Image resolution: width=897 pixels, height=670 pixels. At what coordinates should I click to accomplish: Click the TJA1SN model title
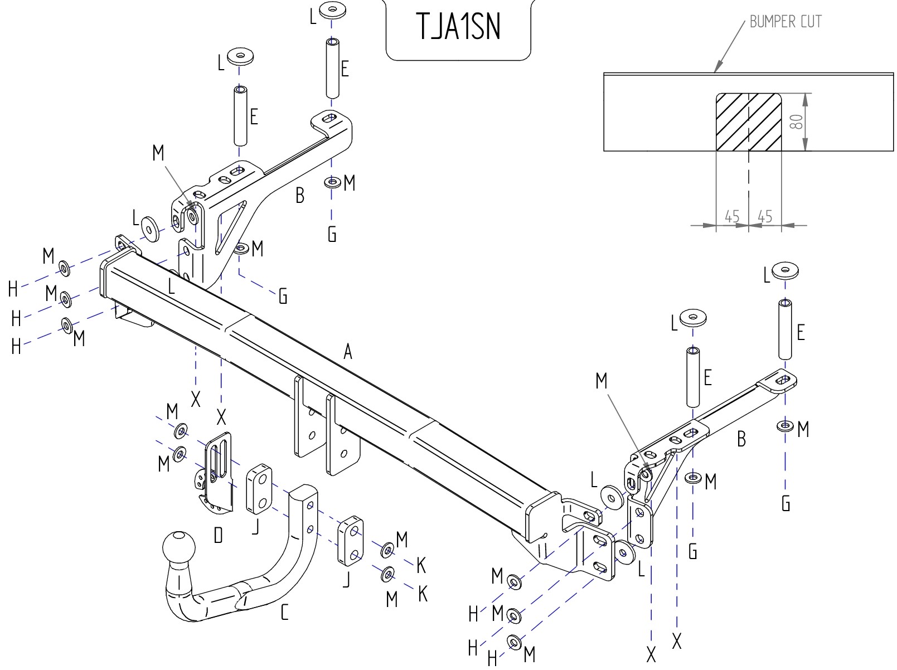click(458, 27)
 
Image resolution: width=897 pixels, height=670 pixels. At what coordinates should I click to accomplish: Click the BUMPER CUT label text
click(786, 22)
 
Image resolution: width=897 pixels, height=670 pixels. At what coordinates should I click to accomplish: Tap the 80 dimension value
click(796, 122)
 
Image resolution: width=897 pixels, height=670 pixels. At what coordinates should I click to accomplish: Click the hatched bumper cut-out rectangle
click(748, 122)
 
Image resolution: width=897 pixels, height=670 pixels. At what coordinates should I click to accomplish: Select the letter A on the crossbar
click(347, 351)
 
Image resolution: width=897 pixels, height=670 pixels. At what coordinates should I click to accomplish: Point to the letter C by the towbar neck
click(285, 612)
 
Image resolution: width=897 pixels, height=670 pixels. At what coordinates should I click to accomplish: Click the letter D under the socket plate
click(218, 535)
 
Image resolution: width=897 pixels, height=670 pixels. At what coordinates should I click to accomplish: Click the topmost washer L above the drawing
click(333, 10)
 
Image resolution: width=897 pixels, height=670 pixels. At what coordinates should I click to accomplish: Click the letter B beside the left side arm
click(300, 195)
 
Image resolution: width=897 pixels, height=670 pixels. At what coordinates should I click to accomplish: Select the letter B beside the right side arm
click(741, 439)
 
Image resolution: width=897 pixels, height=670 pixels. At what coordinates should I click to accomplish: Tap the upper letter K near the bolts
click(421, 566)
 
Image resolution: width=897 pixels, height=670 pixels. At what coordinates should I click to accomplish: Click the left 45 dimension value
click(732, 216)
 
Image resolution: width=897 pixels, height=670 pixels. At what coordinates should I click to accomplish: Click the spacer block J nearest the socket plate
click(259, 489)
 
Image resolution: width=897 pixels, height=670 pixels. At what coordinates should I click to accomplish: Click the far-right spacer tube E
click(785, 329)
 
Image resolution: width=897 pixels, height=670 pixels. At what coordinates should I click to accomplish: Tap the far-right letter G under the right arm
click(786, 503)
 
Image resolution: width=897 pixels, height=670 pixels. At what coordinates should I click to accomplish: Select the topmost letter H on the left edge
click(13, 289)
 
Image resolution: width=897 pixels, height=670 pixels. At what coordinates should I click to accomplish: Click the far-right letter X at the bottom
click(677, 642)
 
